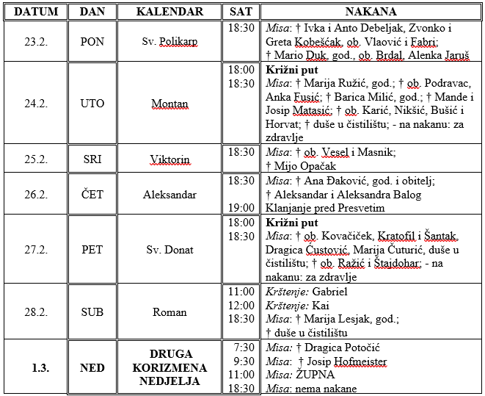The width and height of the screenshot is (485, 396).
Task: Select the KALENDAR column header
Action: point(169,12)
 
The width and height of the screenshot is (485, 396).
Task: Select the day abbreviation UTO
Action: point(92,104)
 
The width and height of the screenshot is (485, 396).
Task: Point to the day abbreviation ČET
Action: point(92,195)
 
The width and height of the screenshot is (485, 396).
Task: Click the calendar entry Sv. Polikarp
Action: point(169,42)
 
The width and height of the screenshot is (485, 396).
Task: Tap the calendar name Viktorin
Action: point(169,159)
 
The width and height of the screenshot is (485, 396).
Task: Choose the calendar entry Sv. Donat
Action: point(169,250)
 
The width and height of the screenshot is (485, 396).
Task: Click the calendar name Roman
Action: point(169,312)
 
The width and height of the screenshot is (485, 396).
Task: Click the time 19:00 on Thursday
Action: point(241,209)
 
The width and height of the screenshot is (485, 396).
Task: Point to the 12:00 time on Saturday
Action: point(241,306)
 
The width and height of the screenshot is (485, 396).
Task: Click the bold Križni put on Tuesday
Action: point(291,70)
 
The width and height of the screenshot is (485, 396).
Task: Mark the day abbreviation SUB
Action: point(92,312)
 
